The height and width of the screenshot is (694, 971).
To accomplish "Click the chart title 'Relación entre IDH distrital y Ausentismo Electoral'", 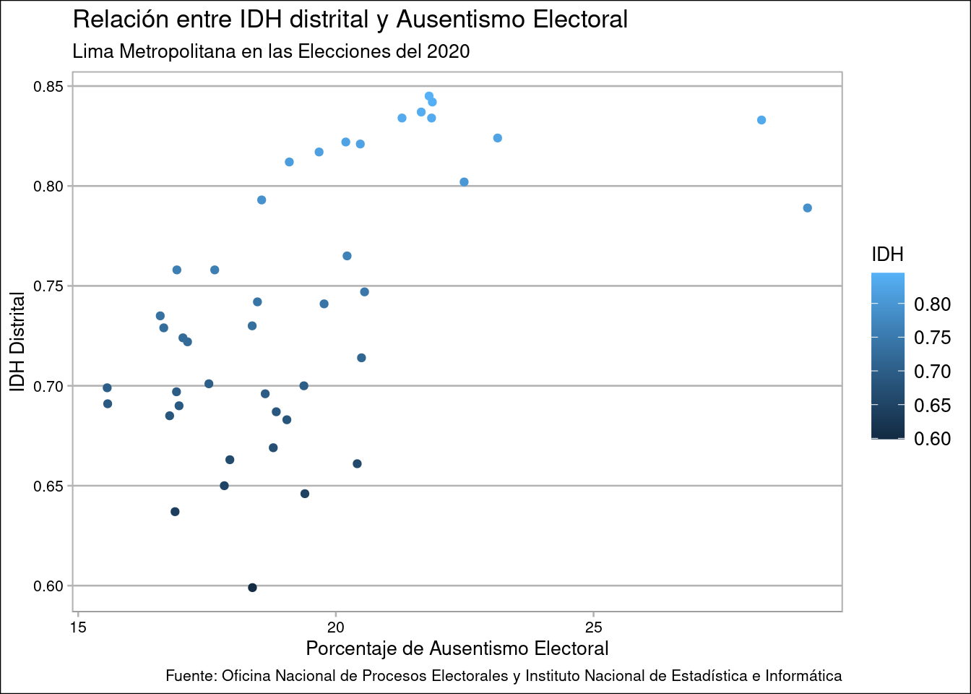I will pos(350,20).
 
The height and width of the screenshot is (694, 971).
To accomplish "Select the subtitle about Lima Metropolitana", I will pos(271,51).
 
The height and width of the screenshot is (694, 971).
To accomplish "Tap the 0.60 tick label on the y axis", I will pos(49,586).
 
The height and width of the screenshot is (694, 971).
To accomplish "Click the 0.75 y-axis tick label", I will pos(49,286).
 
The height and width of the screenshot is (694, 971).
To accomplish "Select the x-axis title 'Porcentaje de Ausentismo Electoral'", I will pos(457,648).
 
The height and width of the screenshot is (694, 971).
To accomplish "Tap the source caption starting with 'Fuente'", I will pos(504,676).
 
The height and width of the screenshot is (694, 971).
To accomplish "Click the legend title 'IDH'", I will pos(887,254).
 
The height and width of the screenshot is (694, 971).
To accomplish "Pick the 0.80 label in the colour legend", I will pos(932,304).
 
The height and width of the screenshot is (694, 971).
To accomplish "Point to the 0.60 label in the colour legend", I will pos(932,438).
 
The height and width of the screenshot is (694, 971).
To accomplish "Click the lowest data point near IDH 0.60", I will pos(252,588).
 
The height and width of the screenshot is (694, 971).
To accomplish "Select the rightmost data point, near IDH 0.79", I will pos(808,208).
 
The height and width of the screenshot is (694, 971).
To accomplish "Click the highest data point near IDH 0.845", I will pos(429,96).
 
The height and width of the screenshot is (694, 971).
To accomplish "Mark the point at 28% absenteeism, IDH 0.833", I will pos(761,120).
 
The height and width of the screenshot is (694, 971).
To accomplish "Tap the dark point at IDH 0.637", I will pos(175,512).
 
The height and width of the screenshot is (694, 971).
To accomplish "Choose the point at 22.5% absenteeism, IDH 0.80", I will pos(465,182).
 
